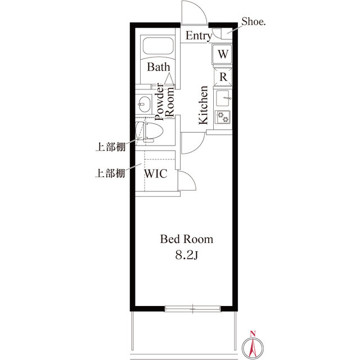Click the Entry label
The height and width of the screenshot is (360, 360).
click(199, 36)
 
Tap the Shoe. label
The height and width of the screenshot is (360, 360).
click(254, 21)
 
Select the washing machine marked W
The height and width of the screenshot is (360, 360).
click(222, 54)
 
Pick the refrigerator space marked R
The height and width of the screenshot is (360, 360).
click(223, 76)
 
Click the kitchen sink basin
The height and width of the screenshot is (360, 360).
click(223, 98)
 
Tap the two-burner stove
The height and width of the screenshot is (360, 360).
click(223, 117)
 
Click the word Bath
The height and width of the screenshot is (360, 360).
click(159, 67)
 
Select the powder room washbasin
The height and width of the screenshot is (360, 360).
click(144, 104)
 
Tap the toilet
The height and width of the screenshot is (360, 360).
click(149, 133)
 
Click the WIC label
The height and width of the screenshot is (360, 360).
click(156, 174)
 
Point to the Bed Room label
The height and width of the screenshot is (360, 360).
click(186, 239)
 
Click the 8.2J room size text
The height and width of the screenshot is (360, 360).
click(186, 255)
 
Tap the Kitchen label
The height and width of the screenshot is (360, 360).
click(204, 105)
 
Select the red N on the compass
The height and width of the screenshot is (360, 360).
click(253, 334)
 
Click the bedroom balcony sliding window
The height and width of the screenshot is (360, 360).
click(192, 309)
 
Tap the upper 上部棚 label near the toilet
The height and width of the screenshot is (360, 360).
click(111, 147)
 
